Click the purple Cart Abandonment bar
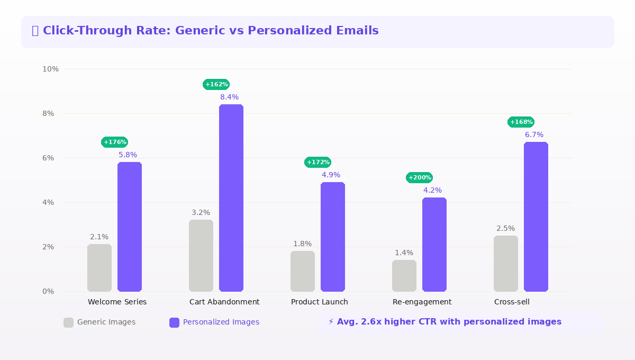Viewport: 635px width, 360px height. [x=231, y=198]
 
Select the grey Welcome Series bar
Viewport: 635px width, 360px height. [x=99, y=268]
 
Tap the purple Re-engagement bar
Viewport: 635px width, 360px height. [x=434, y=245]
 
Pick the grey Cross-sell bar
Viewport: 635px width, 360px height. [x=506, y=264]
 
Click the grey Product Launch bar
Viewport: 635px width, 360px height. [x=303, y=271]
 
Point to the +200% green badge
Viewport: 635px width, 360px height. [x=419, y=178]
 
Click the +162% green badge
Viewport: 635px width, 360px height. [x=216, y=85]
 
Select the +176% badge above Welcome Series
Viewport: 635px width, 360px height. [x=114, y=142]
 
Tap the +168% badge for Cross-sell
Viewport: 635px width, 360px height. [x=521, y=122]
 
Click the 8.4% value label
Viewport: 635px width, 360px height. [x=230, y=97]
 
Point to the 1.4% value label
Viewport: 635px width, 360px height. [x=404, y=253]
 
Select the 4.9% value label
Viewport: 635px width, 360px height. [x=331, y=175]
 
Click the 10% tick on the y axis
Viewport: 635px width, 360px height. [x=50, y=69]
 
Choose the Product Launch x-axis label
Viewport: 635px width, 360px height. [x=320, y=302]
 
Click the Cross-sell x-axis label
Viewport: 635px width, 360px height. [x=512, y=302]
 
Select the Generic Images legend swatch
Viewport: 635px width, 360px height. [x=69, y=322]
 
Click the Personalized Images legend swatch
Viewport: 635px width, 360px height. [x=175, y=322]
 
